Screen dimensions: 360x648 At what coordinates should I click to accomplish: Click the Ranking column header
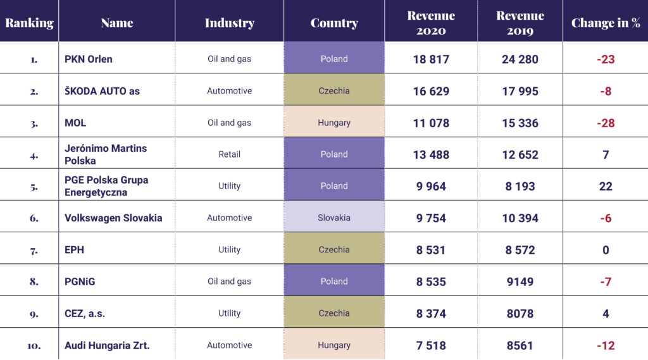tap(29, 23)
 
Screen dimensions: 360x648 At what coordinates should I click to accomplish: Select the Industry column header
tap(229, 23)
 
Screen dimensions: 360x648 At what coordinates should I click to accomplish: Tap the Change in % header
tap(606, 23)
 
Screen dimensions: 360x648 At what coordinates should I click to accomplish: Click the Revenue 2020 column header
tap(431, 23)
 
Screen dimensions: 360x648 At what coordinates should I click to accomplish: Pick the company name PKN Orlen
tap(89, 59)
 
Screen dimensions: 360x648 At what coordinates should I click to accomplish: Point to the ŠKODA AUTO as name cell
tap(102, 91)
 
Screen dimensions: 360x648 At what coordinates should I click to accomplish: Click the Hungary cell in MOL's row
tap(334, 123)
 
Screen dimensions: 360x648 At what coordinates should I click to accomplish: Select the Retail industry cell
tap(229, 154)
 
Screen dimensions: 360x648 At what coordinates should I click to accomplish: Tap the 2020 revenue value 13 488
tap(431, 154)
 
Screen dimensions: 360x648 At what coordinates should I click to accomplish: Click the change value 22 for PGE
tap(606, 186)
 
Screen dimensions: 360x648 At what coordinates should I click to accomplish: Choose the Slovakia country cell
tap(334, 218)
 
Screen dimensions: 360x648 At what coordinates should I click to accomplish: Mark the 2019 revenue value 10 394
tap(520, 218)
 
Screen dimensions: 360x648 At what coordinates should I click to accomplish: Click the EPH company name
tap(75, 250)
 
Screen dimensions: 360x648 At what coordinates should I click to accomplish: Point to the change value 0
tap(606, 250)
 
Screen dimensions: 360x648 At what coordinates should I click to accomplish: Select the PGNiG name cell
tap(80, 282)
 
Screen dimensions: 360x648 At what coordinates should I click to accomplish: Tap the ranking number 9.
tap(34, 313)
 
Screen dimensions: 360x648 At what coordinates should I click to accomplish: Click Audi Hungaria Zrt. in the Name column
tap(107, 345)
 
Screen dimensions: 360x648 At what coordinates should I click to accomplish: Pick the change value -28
tap(606, 123)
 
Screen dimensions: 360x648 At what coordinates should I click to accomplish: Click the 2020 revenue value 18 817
tap(431, 59)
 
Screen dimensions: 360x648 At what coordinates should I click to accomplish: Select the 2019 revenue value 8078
tap(520, 313)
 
